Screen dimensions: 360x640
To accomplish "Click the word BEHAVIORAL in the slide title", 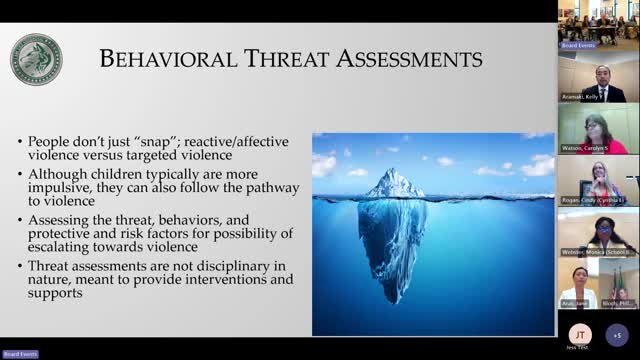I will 162,60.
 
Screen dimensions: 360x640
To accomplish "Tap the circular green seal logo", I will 37,59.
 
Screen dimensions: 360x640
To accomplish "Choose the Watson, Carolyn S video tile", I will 598,128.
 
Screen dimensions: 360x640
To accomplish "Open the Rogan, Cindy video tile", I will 598,181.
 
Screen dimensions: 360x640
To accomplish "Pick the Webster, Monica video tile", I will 598,233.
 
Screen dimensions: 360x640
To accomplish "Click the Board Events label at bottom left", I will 20,354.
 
